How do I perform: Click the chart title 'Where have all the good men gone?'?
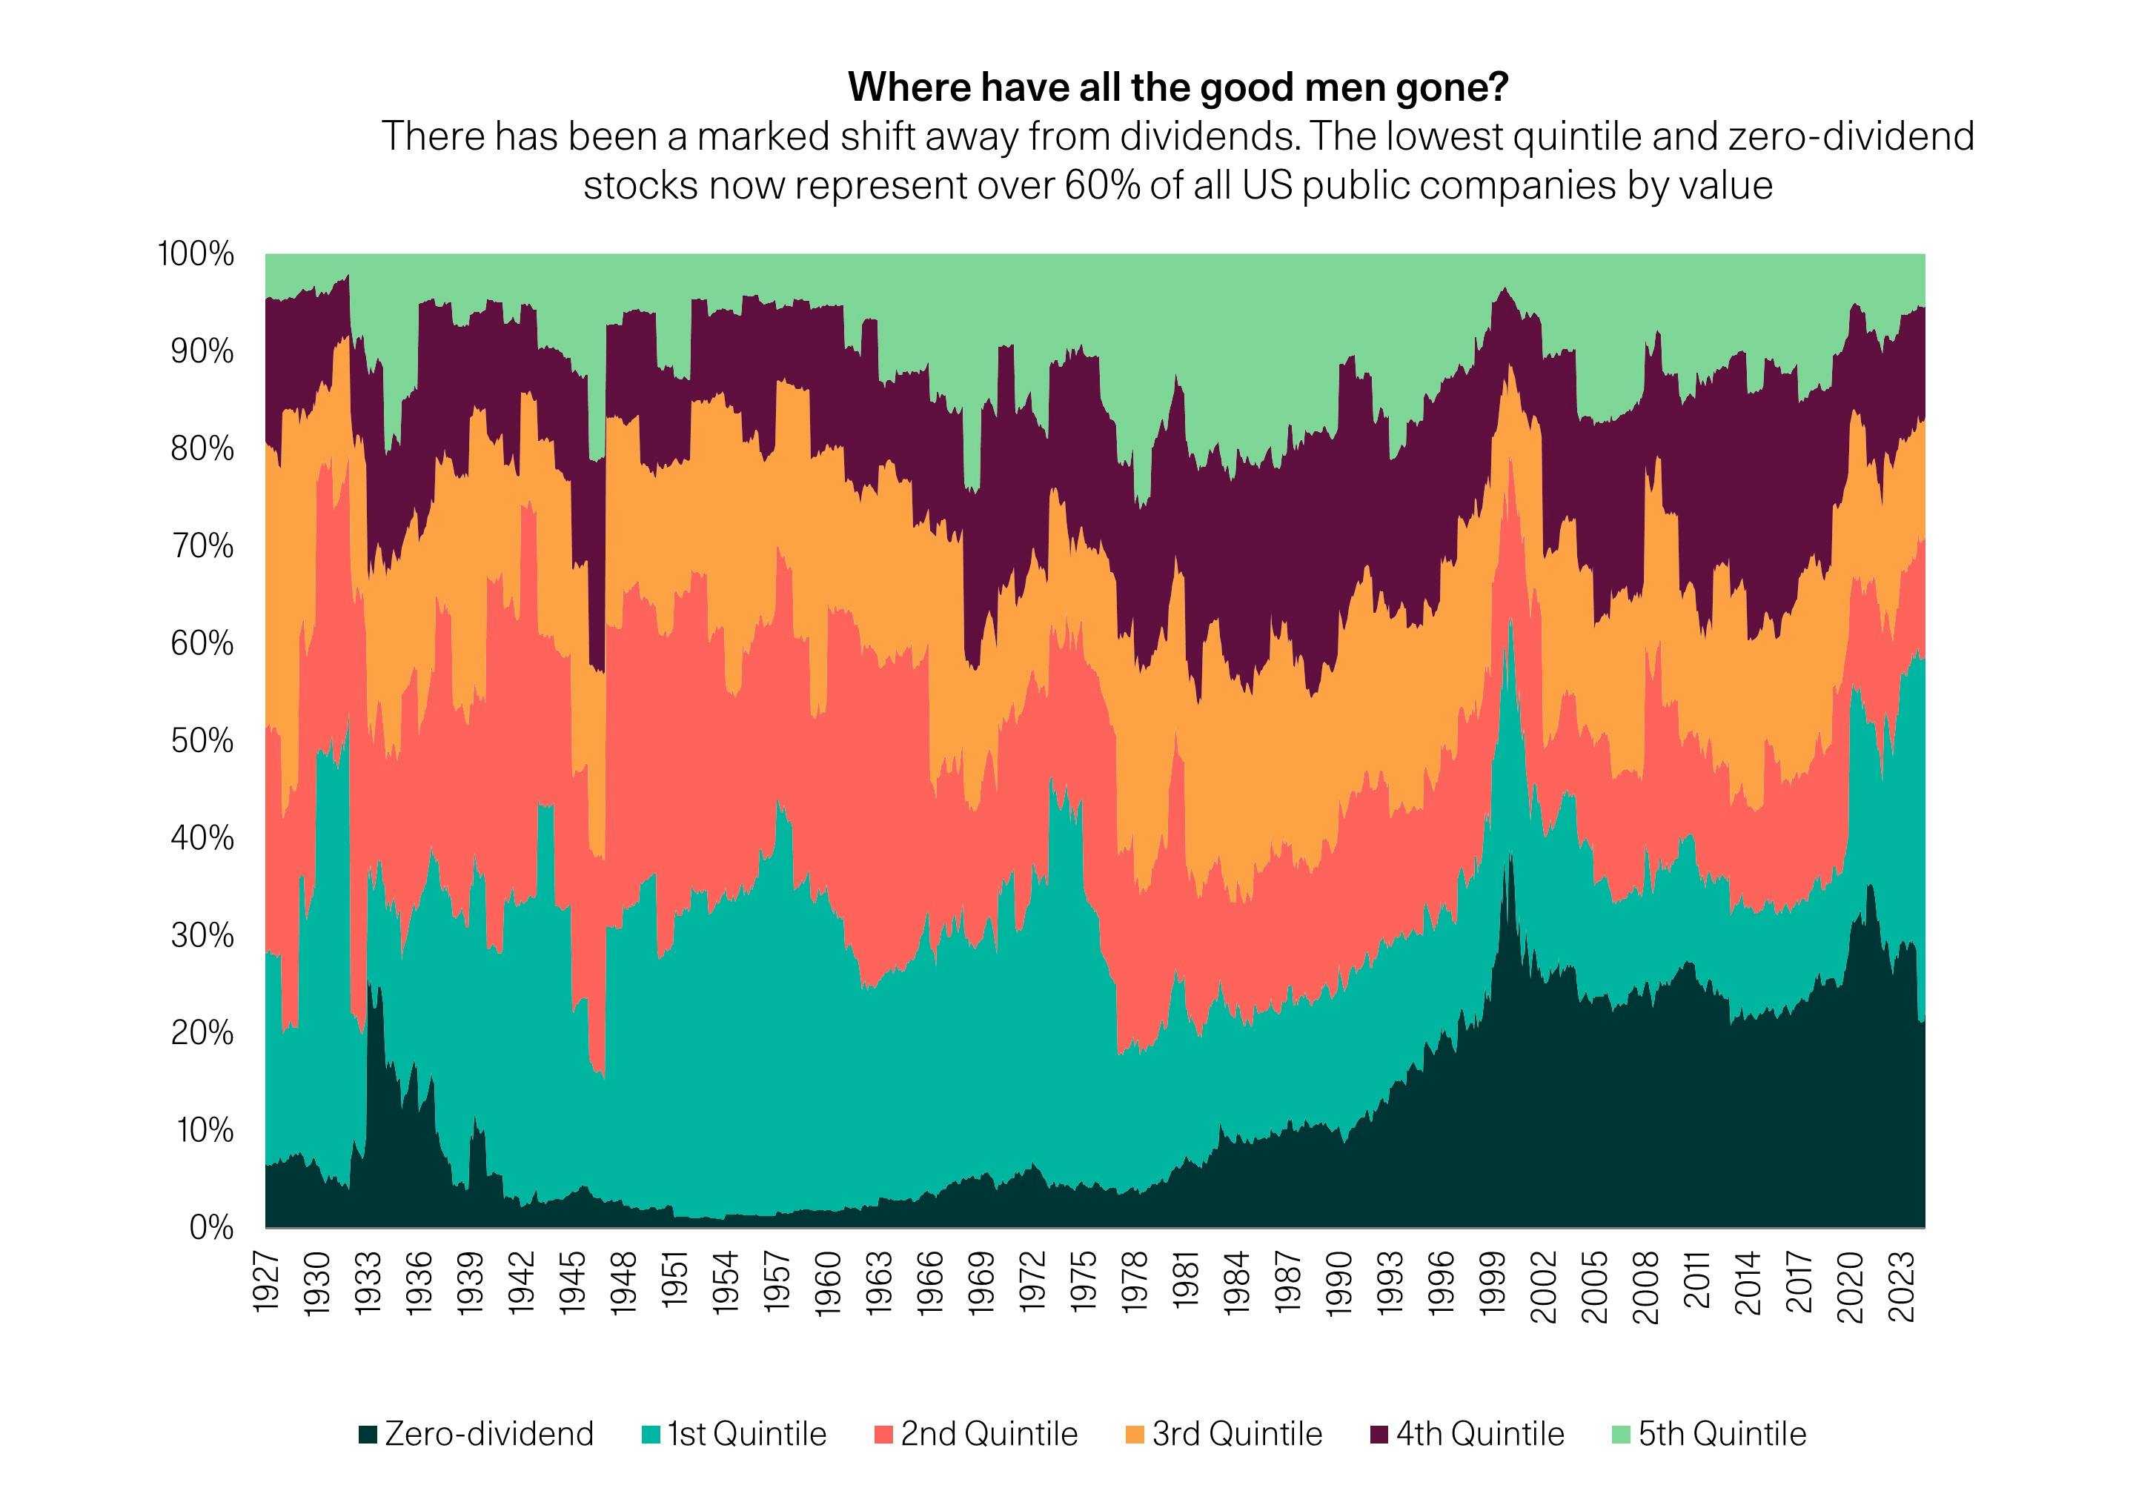(1177, 87)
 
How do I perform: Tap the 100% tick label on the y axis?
(196, 254)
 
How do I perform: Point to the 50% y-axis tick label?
(202, 740)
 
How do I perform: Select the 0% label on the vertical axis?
(211, 1227)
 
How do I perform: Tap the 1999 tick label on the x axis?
(1493, 1283)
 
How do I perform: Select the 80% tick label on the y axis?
(202, 448)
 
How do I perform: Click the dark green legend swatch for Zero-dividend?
(368, 1435)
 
